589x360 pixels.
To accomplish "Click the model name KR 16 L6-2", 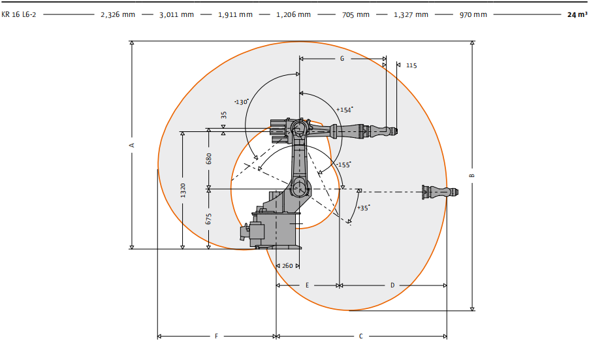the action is (x=19, y=14).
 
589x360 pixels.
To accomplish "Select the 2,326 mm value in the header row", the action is (x=118, y=14).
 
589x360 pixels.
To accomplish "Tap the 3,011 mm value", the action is (x=176, y=14).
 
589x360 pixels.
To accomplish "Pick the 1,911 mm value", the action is (x=236, y=14).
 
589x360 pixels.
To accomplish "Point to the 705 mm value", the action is (x=356, y=14).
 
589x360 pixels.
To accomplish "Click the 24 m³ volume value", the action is (x=577, y=14).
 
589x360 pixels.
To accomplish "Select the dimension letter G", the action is (x=342, y=59).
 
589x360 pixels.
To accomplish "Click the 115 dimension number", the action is (x=411, y=65).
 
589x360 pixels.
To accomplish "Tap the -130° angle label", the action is (x=241, y=102).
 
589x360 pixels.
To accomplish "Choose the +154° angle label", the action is (x=345, y=110).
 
